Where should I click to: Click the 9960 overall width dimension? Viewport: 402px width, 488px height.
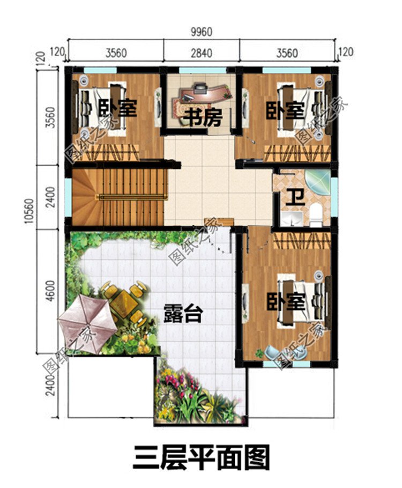[x=201, y=32]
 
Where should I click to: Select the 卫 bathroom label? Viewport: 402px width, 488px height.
[x=294, y=197]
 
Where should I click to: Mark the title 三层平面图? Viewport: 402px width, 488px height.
[x=201, y=459]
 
